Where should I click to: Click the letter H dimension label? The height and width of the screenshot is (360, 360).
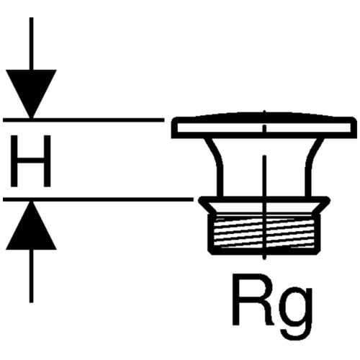31,161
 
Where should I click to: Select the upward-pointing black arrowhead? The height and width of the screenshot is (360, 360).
31,225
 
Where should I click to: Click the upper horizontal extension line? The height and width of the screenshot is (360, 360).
84,120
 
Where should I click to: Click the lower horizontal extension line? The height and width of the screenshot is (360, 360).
98,199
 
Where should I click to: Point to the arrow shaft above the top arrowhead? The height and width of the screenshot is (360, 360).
31,43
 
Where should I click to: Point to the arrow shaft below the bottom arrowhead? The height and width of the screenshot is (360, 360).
31,276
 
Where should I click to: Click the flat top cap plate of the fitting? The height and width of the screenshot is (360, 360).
263,127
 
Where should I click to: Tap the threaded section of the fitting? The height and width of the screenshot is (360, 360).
264,232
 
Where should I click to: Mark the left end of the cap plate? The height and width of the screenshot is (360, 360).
172,127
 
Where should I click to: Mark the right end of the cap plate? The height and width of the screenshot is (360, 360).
353,127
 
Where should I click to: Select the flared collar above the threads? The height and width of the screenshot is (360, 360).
264,204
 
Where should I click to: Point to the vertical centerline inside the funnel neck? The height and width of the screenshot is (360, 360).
264,176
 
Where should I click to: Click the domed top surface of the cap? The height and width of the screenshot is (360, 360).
264,114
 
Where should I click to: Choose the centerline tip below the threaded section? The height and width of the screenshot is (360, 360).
264,258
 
